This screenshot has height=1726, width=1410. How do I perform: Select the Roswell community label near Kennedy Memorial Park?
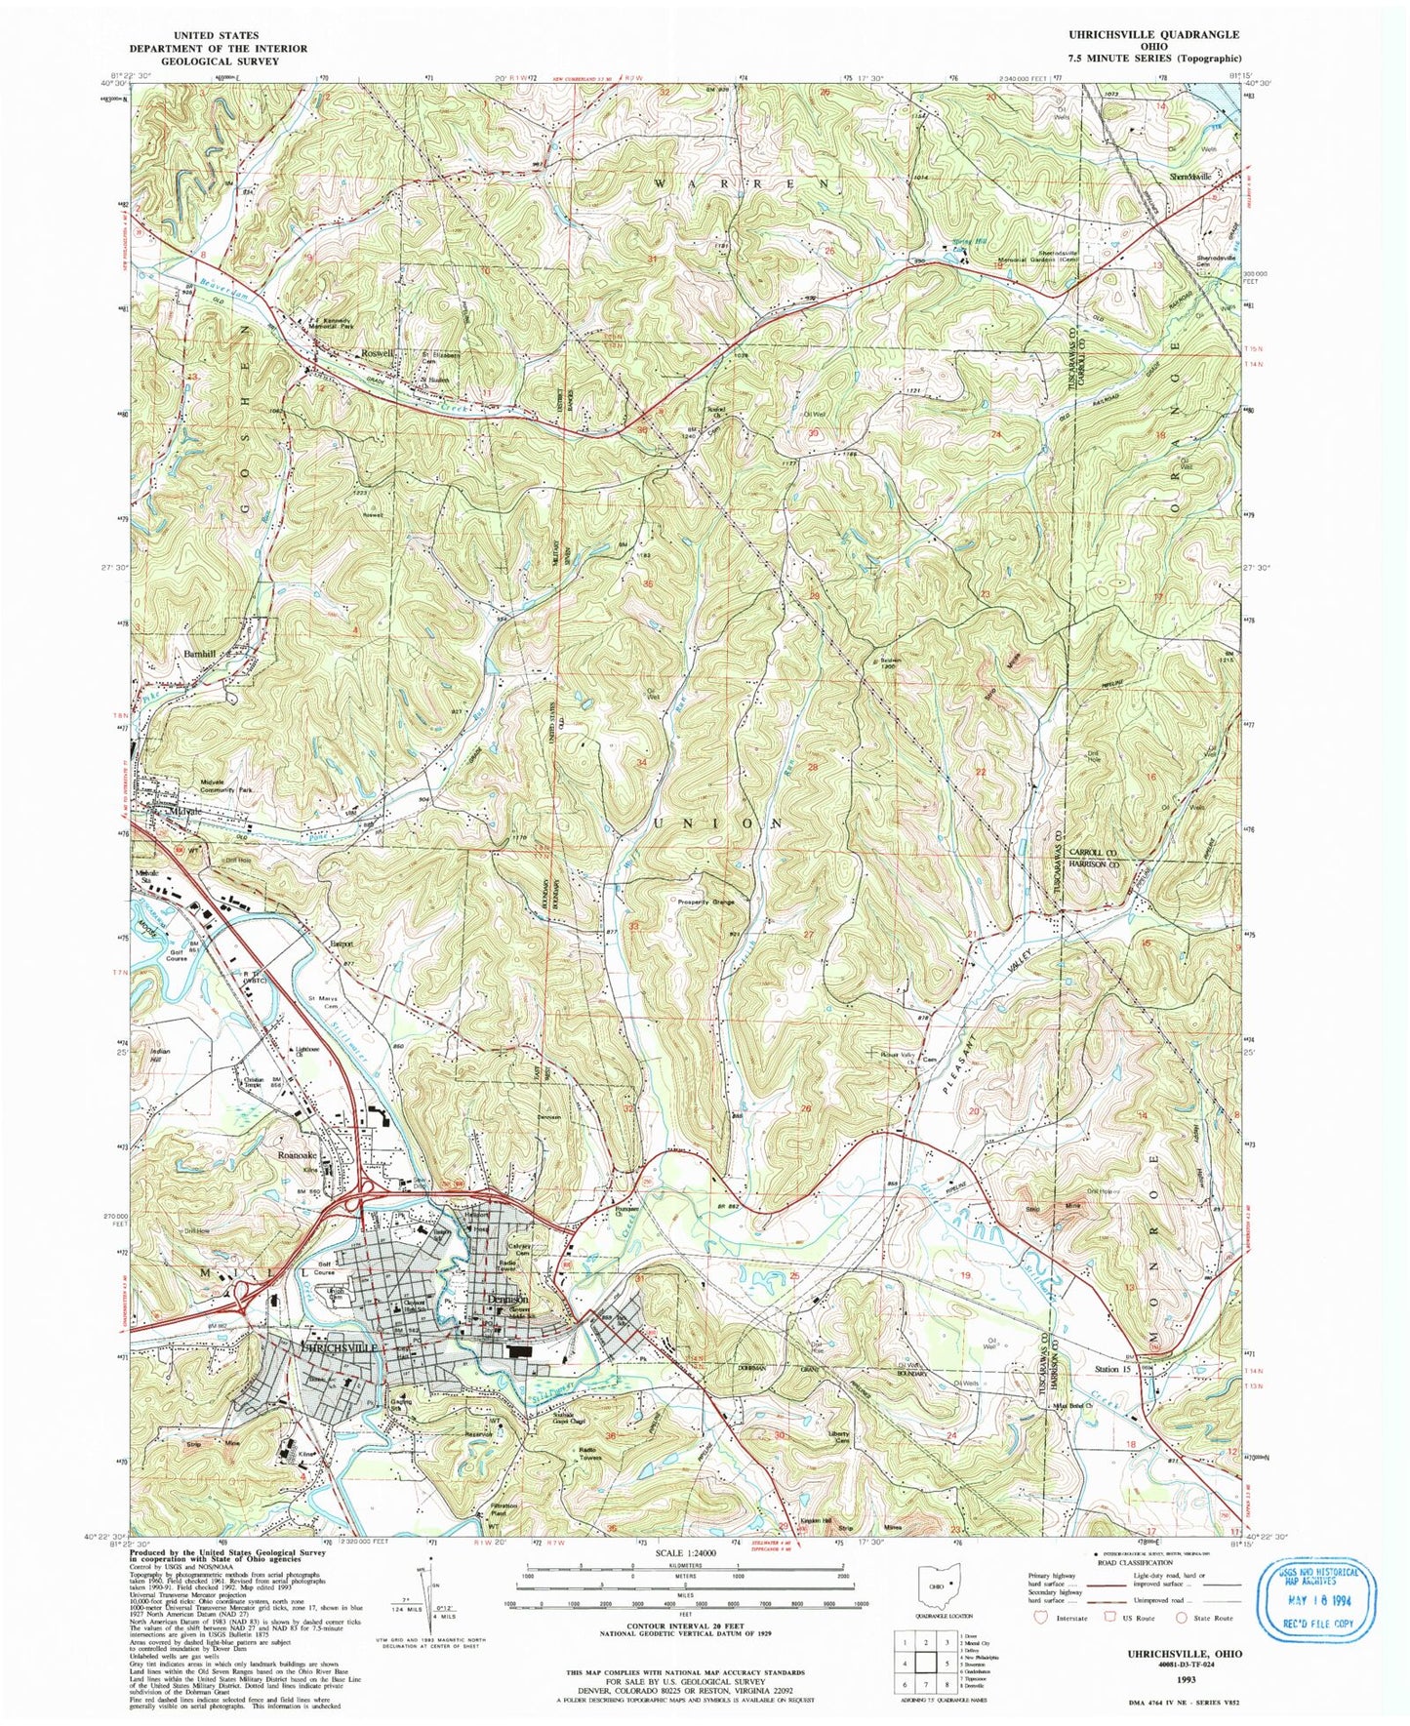click(x=378, y=352)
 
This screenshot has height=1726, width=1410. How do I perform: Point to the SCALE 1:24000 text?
click(x=686, y=1580)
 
